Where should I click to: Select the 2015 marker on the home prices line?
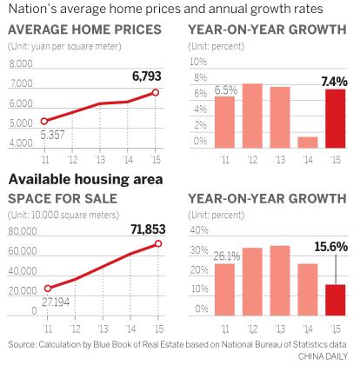point(156,91)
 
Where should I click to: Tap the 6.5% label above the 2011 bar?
point(225,89)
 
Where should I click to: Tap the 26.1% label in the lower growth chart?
point(224,255)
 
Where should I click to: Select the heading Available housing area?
point(85,178)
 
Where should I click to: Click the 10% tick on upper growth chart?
point(198,63)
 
